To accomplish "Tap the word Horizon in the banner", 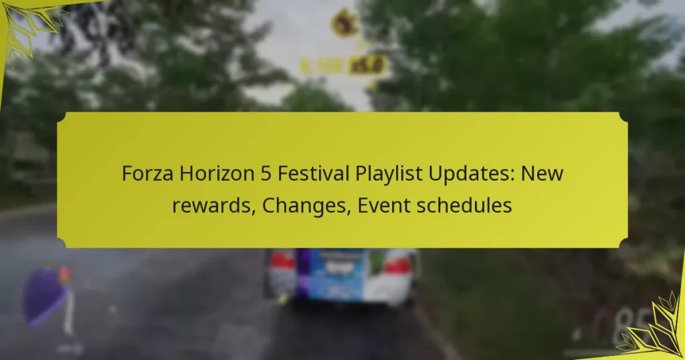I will pyautogui.click(x=206, y=174).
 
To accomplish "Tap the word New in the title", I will pyautogui.click(x=543, y=174).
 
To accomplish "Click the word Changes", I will pyautogui.click(x=306, y=206).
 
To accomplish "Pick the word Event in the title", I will pyautogui.click(x=381, y=206).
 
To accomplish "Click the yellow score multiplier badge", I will pyautogui.click(x=368, y=65).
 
